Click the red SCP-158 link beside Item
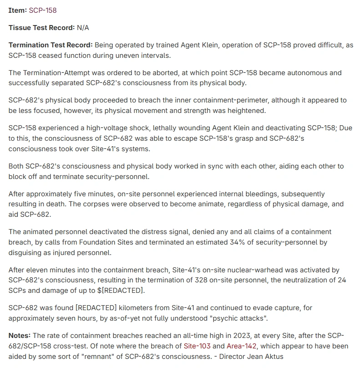click(43, 10)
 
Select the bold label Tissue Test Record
click(41, 28)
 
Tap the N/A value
click(83, 28)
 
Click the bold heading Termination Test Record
click(50, 45)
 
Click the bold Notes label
click(20, 336)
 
